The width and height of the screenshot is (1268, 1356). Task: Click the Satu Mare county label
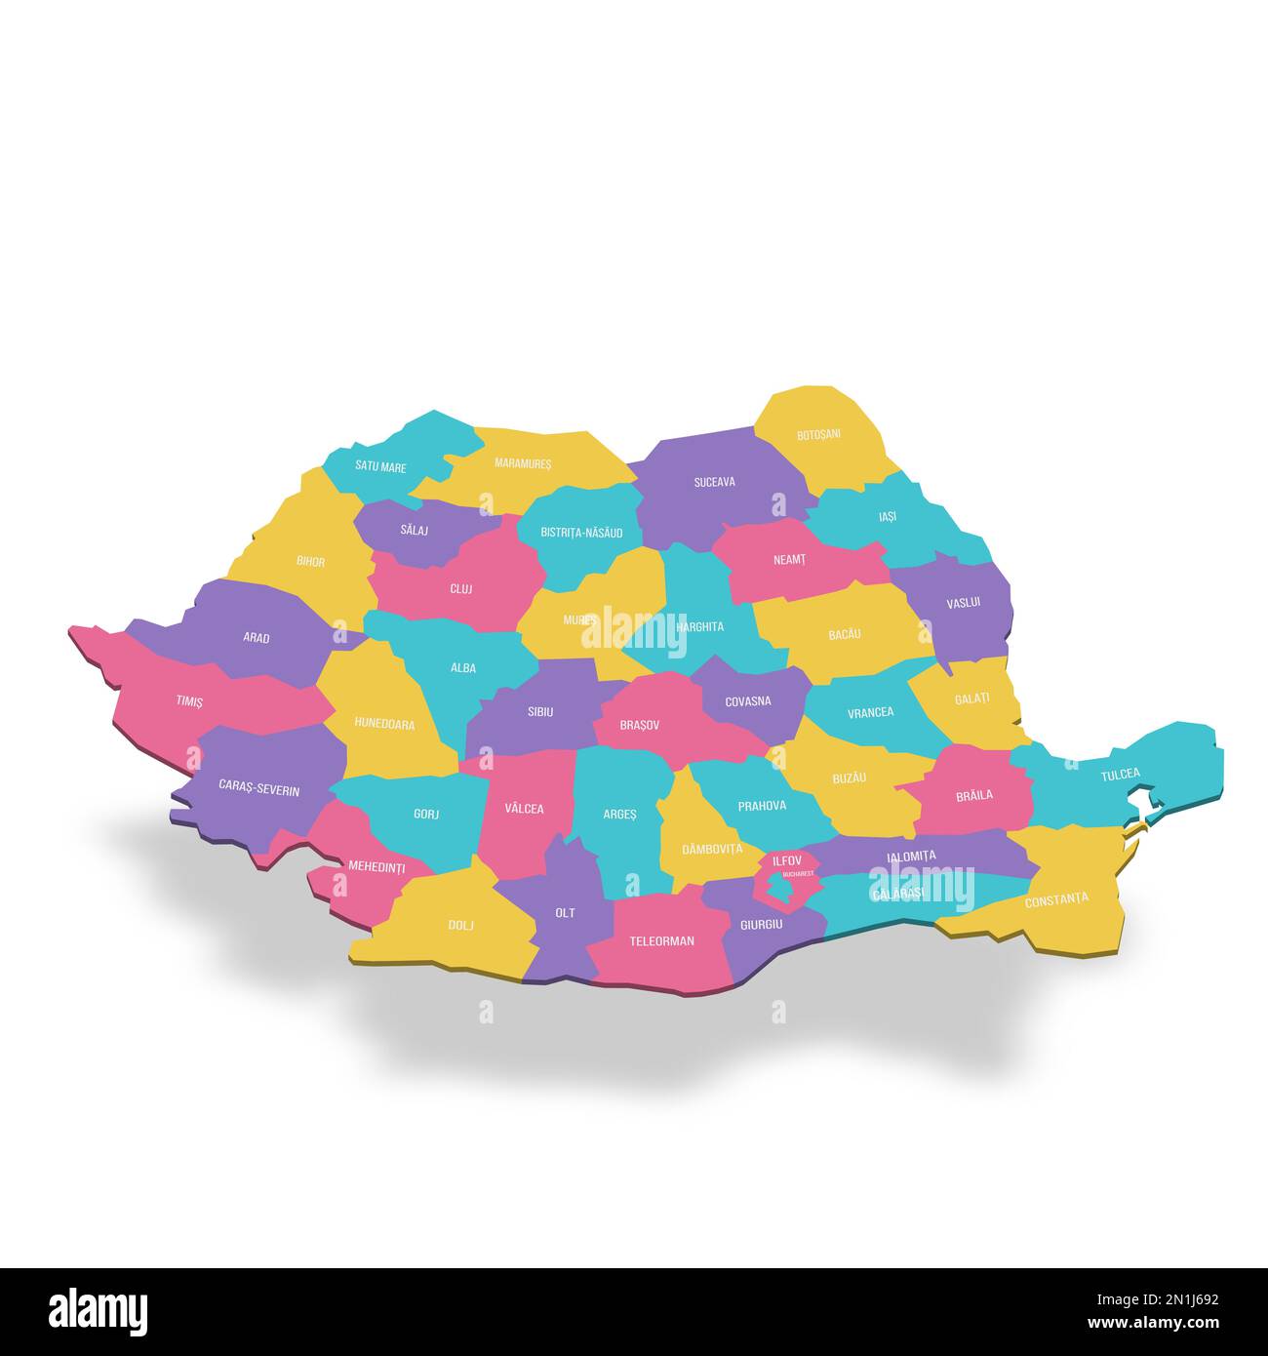coord(380,467)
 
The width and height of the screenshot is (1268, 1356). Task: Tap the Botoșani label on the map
coord(818,434)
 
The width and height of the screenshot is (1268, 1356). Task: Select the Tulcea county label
coord(1120,774)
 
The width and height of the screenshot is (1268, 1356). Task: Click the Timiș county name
coord(189,701)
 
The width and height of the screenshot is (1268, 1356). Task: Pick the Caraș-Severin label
coord(258,789)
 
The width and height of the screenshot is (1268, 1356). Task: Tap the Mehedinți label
coord(376,866)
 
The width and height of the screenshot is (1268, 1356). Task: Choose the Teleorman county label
coord(661,941)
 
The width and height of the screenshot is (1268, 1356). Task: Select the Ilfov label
coord(787,860)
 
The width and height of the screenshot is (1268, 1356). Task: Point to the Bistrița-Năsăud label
coord(582,533)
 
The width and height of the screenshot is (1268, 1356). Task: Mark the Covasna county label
coord(748,701)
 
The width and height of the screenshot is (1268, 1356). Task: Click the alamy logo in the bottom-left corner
coord(98,1310)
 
